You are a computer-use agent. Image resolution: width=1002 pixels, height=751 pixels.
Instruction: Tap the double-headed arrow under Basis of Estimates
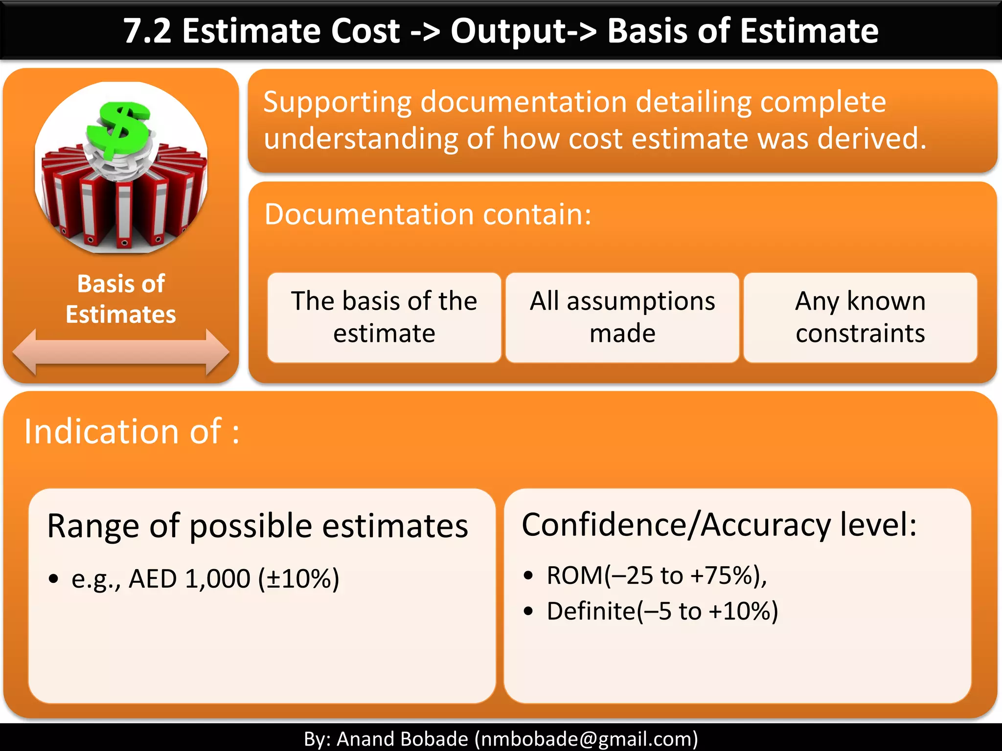(121, 352)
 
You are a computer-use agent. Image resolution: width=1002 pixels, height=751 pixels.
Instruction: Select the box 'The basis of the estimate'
(384, 317)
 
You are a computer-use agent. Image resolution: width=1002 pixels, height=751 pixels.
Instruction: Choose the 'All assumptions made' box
(622, 317)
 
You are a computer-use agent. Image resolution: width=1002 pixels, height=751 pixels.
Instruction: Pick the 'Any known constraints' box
(860, 317)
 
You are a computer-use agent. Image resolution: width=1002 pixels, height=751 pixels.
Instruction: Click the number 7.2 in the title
(147, 31)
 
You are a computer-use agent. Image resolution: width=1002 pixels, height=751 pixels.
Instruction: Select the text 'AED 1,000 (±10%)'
(234, 579)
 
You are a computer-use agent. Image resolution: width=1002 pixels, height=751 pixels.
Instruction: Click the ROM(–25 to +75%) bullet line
(656, 575)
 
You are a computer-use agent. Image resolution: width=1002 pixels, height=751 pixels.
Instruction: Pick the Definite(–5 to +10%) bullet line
(662, 611)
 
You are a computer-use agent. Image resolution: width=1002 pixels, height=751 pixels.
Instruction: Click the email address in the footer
(586, 739)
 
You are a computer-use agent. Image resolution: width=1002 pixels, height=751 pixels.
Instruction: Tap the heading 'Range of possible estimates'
(257, 526)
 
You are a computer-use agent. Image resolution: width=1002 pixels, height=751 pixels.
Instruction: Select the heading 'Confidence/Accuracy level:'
(719, 525)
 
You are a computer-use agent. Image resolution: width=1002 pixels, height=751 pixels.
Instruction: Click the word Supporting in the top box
(338, 103)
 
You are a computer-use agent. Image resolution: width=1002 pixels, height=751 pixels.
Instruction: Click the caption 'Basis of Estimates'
(121, 299)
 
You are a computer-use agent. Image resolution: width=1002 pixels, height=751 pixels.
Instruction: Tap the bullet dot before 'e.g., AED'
(54, 579)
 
